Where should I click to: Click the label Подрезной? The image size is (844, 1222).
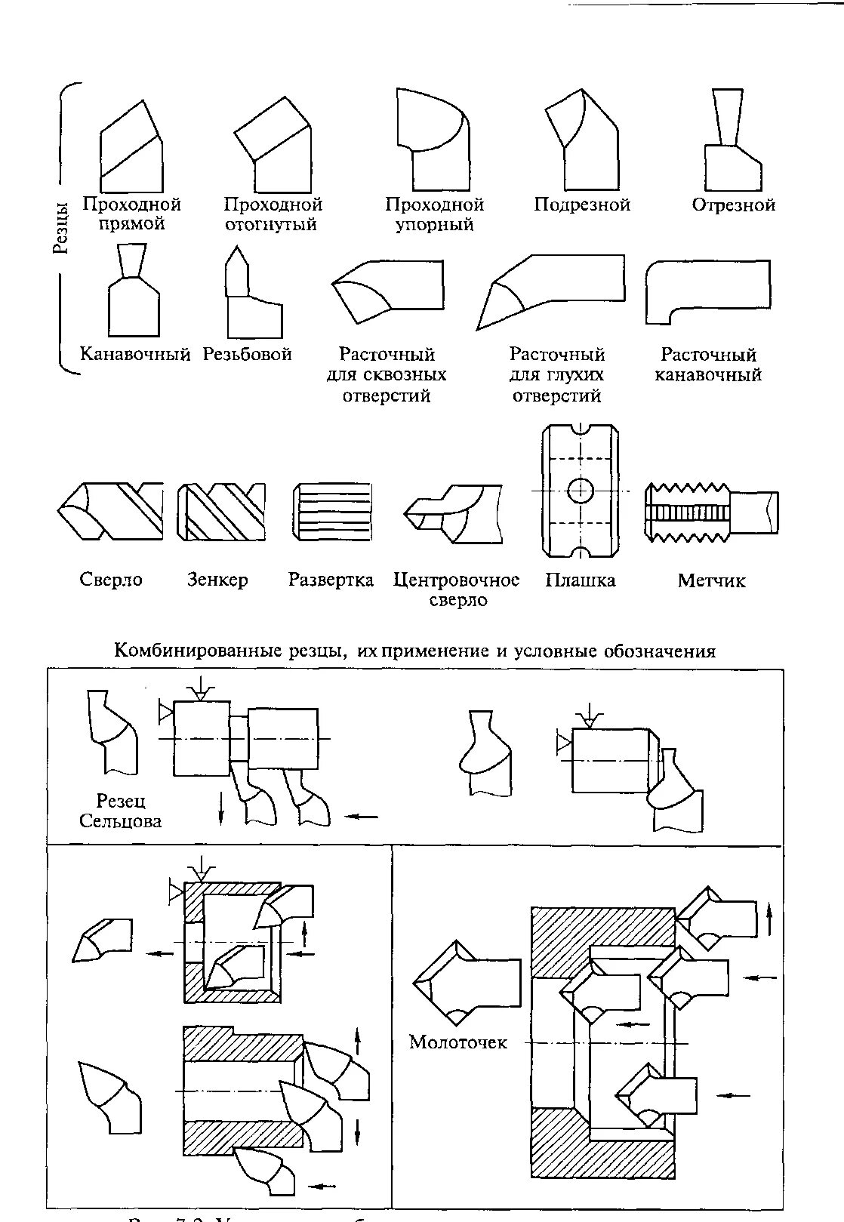click(581, 205)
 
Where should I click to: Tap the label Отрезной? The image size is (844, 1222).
click(733, 205)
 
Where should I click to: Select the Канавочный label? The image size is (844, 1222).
click(135, 354)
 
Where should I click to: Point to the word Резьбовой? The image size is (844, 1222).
click(248, 354)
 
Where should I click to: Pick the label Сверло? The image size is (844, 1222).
click(111, 580)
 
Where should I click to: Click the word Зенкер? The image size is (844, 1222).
click(217, 580)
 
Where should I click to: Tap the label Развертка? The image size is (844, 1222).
click(331, 580)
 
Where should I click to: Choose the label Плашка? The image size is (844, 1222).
click(581, 580)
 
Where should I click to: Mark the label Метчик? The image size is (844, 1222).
click(711, 580)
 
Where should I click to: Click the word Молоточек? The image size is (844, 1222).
click(458, 1042)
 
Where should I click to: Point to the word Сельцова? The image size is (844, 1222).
click(121, 821)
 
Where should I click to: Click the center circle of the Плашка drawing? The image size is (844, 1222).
click(581, 491)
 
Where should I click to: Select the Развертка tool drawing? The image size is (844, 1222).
click(333, 512)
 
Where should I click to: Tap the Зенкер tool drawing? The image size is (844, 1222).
click(221, 512)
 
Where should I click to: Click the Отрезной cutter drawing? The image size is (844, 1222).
click(731, 143)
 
